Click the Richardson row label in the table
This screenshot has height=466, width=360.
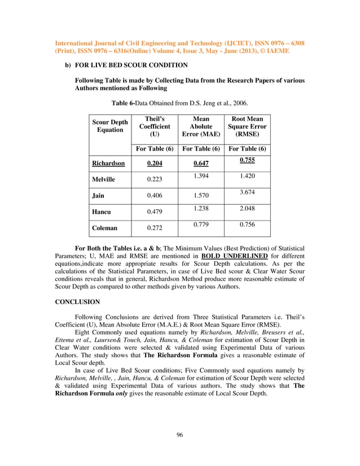[x=108, y=164]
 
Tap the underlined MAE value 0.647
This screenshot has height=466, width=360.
[x=200, y=164]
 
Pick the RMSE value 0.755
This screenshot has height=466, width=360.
[x=247, y=160]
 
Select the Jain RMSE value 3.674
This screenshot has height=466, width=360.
[x=247, y=192]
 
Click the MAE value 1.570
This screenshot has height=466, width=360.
[x=200, y=196]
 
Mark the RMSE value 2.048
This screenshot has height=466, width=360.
[x=247, y=208]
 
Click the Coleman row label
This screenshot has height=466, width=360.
[x=105, y=228]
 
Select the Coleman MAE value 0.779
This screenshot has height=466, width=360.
[x=200, y=225]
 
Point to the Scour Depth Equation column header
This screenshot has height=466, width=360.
[x=110, y=126]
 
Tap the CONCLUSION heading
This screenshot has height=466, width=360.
[x=77, y=302]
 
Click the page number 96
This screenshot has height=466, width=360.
[x=179, y=434]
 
